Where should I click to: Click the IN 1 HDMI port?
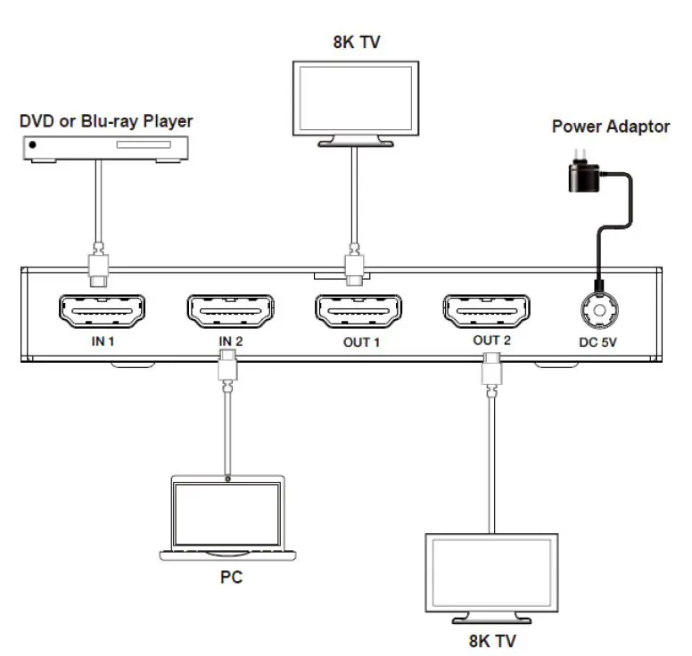pos(102,310)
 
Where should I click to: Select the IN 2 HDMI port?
pos(230,310)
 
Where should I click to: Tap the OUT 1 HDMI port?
pos(358,310)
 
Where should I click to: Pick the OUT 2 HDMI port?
pos(486,310)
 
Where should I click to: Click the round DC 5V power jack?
pos(599,310)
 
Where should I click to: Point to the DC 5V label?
pos(597,342)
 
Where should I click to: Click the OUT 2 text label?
pos(491,340)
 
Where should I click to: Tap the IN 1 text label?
pos(103,341)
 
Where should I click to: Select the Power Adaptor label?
pos(611,127)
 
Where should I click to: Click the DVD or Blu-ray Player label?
pos(106,121)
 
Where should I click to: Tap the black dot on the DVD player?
pos(32,144)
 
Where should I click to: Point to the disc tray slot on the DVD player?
pos(144,144)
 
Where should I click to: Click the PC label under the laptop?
pos(231,577)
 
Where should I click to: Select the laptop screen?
pos(227,514)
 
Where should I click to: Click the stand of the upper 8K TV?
pos(356,141)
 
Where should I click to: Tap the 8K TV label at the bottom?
pos(492,641)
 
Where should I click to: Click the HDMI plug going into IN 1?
pos(99,265)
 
